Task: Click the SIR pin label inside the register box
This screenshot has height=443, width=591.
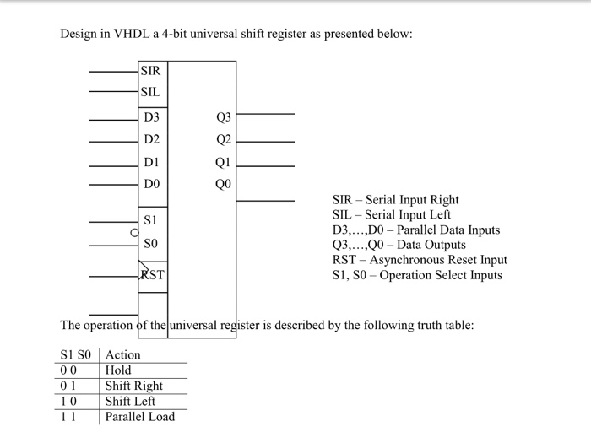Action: click(x=150, y=71)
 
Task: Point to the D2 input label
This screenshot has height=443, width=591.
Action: click(x=151, y=139)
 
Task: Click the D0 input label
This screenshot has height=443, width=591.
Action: click(x=151, y=183)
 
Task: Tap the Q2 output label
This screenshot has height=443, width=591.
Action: click(x=223, y=140)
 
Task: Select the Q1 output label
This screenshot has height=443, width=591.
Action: click(x=223, y=162)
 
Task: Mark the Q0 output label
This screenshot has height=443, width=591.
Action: click(x=223, y=183)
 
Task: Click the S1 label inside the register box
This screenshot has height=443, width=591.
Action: click(x=150, y=219)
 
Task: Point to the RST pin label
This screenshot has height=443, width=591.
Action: click(x=153, y=275)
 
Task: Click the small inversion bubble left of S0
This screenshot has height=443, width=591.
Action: click(x=134, y=231)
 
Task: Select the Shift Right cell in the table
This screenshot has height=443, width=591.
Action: click(x=133, y=386)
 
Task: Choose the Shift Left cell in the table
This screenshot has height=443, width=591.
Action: click(x=130, y=401)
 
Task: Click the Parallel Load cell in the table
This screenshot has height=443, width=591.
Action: click(x=139, y=417)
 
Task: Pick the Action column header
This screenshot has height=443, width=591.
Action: click(x=123, y=355)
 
